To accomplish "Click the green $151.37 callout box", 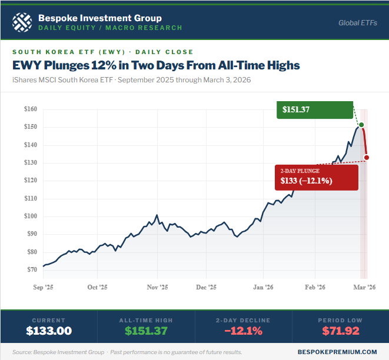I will pos(315,109).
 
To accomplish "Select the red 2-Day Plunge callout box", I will pos(317,177).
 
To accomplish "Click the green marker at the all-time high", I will pos(361,125).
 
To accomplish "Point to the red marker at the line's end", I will pos(367,157).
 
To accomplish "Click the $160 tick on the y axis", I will pos(31,109).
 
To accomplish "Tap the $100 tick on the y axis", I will pos(31,216).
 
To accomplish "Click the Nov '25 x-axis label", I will pos(157,288).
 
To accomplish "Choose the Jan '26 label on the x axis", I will pos(263,288).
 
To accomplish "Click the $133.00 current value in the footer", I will pos(49,331).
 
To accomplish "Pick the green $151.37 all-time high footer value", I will pos(146,331).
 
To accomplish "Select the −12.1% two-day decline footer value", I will pos(243,331).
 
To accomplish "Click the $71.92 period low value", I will pos(340,331).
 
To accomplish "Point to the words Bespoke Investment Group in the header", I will pos(99,18).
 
